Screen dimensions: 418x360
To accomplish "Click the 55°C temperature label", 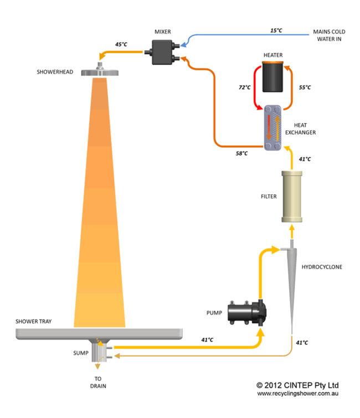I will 305,87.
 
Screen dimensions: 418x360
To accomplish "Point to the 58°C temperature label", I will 241,153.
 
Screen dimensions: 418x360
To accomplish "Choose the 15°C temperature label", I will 276,30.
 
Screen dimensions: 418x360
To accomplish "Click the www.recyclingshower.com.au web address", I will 297,394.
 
